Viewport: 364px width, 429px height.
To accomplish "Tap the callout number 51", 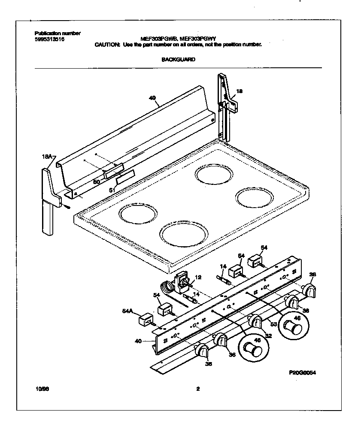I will tap(111, 190).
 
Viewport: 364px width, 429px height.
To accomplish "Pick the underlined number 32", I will tap(268, 337).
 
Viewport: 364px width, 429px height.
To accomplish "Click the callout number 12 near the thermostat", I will tap(198, 277).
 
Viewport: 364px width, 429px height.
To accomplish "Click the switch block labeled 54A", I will tap(146, 319).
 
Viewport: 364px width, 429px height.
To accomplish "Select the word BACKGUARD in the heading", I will tap(178, 60).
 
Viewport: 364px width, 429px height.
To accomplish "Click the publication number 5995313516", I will tap(49, 39).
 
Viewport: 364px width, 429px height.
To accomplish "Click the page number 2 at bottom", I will tap(197, 390).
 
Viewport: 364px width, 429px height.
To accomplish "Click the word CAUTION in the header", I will tap(108, 44).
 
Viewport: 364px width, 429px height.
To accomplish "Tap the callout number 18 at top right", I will tap(240, 91).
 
